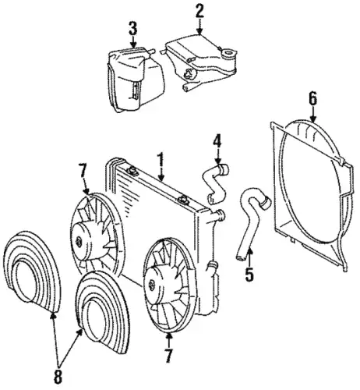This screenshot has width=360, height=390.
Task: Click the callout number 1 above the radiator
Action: pos(161,160)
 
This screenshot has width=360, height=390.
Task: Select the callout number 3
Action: pos(133,29)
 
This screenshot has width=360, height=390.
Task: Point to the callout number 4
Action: pos(217,142)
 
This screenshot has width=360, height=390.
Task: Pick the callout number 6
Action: pos(312,99)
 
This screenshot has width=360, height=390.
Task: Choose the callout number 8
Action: pos(58,376)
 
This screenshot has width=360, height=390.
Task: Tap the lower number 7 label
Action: pos(168,356)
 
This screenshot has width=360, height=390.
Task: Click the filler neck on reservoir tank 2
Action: pos(229,54)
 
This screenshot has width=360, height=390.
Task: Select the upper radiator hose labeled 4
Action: pos(215,183)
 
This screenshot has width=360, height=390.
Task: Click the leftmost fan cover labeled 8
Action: pos(32,271)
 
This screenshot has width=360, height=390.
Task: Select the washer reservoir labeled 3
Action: pos(136,80)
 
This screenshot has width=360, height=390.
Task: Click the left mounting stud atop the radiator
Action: pos(132,171)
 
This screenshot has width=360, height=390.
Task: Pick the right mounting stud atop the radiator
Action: pos(184,199)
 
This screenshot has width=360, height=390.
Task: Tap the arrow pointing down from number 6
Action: pos(312,115)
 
